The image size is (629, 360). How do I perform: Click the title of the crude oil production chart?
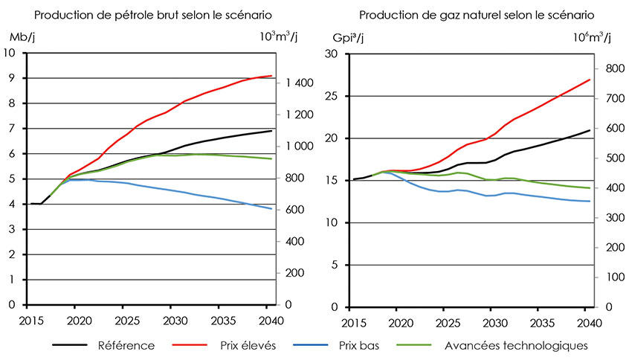pyautogui.click(x=152, y=15)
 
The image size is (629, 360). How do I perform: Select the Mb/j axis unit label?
pyautogui.click(x=22, y=37)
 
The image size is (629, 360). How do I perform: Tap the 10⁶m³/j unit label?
pyautogui.click(x=591, y=37)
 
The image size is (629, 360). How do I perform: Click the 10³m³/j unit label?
pyautogui.click(x=278, y=37)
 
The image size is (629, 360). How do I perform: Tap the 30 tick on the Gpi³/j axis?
pyautogui.click(x=332, y=54)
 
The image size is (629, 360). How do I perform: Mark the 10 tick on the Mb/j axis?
pyautogui.click(x=10, y=53)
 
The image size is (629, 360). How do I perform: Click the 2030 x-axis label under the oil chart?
pyautogui.click(x=170, y=321)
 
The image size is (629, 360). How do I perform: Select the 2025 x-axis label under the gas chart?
pyautogui.click(x=448, y=322)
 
